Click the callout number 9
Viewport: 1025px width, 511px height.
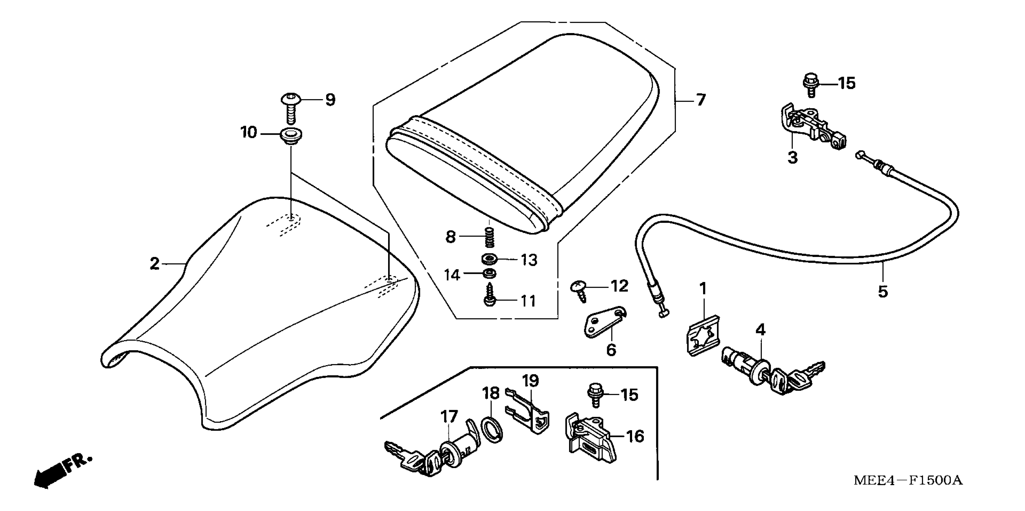[330, 99]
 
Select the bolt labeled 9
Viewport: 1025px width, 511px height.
[291, 107]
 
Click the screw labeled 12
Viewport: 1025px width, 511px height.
[579, 290]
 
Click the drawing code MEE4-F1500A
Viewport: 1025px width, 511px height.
[908, 480]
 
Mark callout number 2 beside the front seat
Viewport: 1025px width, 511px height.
[154, 264]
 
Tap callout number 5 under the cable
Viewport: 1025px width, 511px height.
[883, 292]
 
